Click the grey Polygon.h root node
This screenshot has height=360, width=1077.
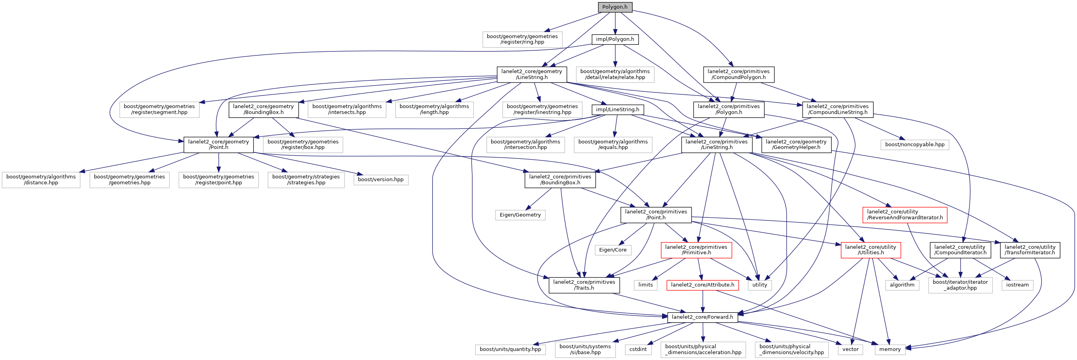[x=615, y=7]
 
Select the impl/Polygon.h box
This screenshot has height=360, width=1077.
[x=615, y=39]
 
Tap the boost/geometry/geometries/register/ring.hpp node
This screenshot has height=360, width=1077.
[x=522, y=39]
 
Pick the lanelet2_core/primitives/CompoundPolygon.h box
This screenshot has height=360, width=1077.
[x=738, y=74]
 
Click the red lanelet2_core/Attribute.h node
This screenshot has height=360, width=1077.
[x=703, y=285]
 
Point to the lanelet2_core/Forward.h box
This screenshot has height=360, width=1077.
[x=703, y=317]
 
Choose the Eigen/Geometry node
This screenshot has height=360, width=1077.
[x=520, y=215]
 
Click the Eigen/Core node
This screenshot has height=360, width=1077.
[x=613, y=250]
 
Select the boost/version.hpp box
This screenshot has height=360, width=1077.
[x=380, y=180]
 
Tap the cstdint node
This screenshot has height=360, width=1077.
[x=638, y=349]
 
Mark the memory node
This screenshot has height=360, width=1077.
[x=890, y=349]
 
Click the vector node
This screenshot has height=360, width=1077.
[x=850, y=349]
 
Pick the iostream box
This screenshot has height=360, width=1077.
[x=1017, y=285]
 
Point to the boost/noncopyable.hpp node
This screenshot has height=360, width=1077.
[x=915, y=145]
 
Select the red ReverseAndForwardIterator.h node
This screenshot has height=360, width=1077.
[x=905, y=215]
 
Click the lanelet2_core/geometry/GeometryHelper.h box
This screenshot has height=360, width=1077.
[x=796, y=145]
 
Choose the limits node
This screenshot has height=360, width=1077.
[x=646, y=285]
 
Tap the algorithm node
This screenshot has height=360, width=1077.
[x=902, y=285]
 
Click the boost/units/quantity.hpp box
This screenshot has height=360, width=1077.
[x=510, y=349]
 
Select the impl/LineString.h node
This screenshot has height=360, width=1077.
[x=618, y=110]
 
